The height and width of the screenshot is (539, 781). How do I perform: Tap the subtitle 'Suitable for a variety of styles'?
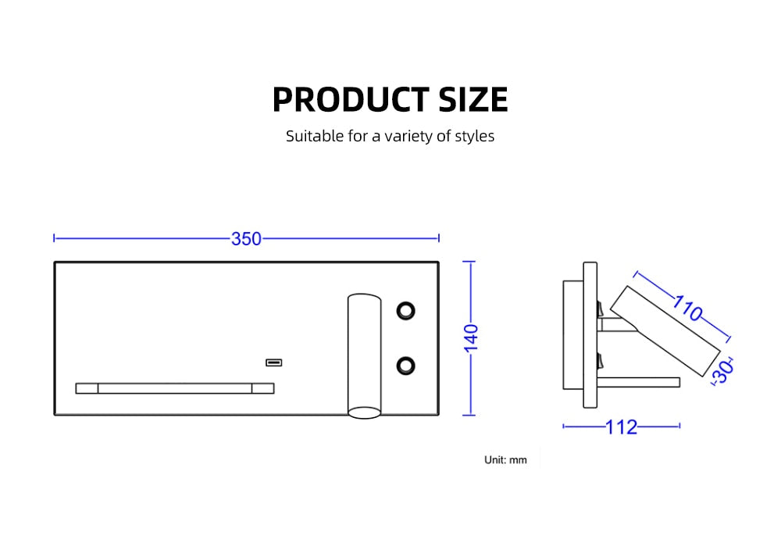(x=390, y=136)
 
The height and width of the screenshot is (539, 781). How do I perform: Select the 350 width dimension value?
(x=246, y=239)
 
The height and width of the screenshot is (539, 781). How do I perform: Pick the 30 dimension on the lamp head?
(x=723, y=370)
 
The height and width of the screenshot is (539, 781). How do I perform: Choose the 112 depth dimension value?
(x=622, y=427)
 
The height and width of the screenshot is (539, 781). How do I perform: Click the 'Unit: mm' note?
(x=505, y=460)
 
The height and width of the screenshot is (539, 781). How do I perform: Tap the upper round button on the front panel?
(x=405, y=310)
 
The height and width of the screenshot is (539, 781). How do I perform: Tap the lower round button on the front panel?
(x=405, y=364)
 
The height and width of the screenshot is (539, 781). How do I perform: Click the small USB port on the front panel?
(x=273, y=362)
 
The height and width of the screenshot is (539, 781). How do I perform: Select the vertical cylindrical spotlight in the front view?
(x=364, y=352)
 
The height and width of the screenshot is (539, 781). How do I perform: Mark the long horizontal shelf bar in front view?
(x=175, y=388)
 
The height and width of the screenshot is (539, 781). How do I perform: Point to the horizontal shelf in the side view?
(x=639, y=382)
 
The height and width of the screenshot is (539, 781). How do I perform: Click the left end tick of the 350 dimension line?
(x=54, y=238)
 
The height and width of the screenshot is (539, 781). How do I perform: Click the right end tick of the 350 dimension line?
(x=439, y=238)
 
